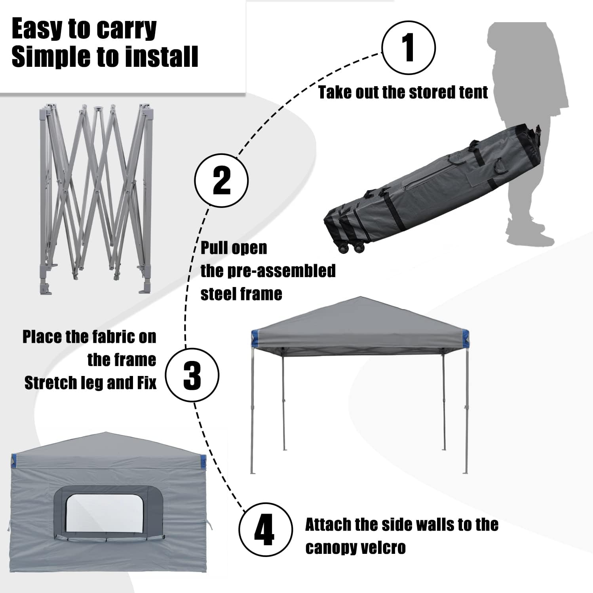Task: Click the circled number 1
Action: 409,47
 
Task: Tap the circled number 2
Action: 222,180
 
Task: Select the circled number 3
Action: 192,374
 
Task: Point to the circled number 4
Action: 266,529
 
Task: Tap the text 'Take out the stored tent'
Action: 403,92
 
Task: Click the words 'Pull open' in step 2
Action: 234,248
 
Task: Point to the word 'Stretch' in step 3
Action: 51,383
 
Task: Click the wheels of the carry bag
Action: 350,248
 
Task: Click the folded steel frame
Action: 96,199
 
